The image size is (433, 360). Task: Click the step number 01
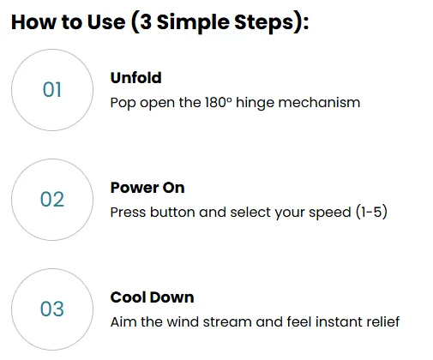pos(52,90)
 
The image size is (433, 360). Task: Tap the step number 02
pos(52,199)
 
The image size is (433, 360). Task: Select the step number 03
pos(52,309)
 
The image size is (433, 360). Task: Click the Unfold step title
pos(136,78)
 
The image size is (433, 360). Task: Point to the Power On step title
pos(147,188)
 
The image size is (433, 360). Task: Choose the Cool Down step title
pos(153,297)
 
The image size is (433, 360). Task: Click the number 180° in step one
pos(219,102)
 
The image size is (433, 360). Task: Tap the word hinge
pos(256,103)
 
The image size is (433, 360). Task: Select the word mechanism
pos(319,102)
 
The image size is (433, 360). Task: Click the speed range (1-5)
pos(371,212)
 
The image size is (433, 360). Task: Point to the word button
pos(173,213)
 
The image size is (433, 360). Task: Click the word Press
pos(128,213)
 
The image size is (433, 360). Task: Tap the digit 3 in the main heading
pos(146,22)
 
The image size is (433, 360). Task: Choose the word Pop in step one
pos(123,103)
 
